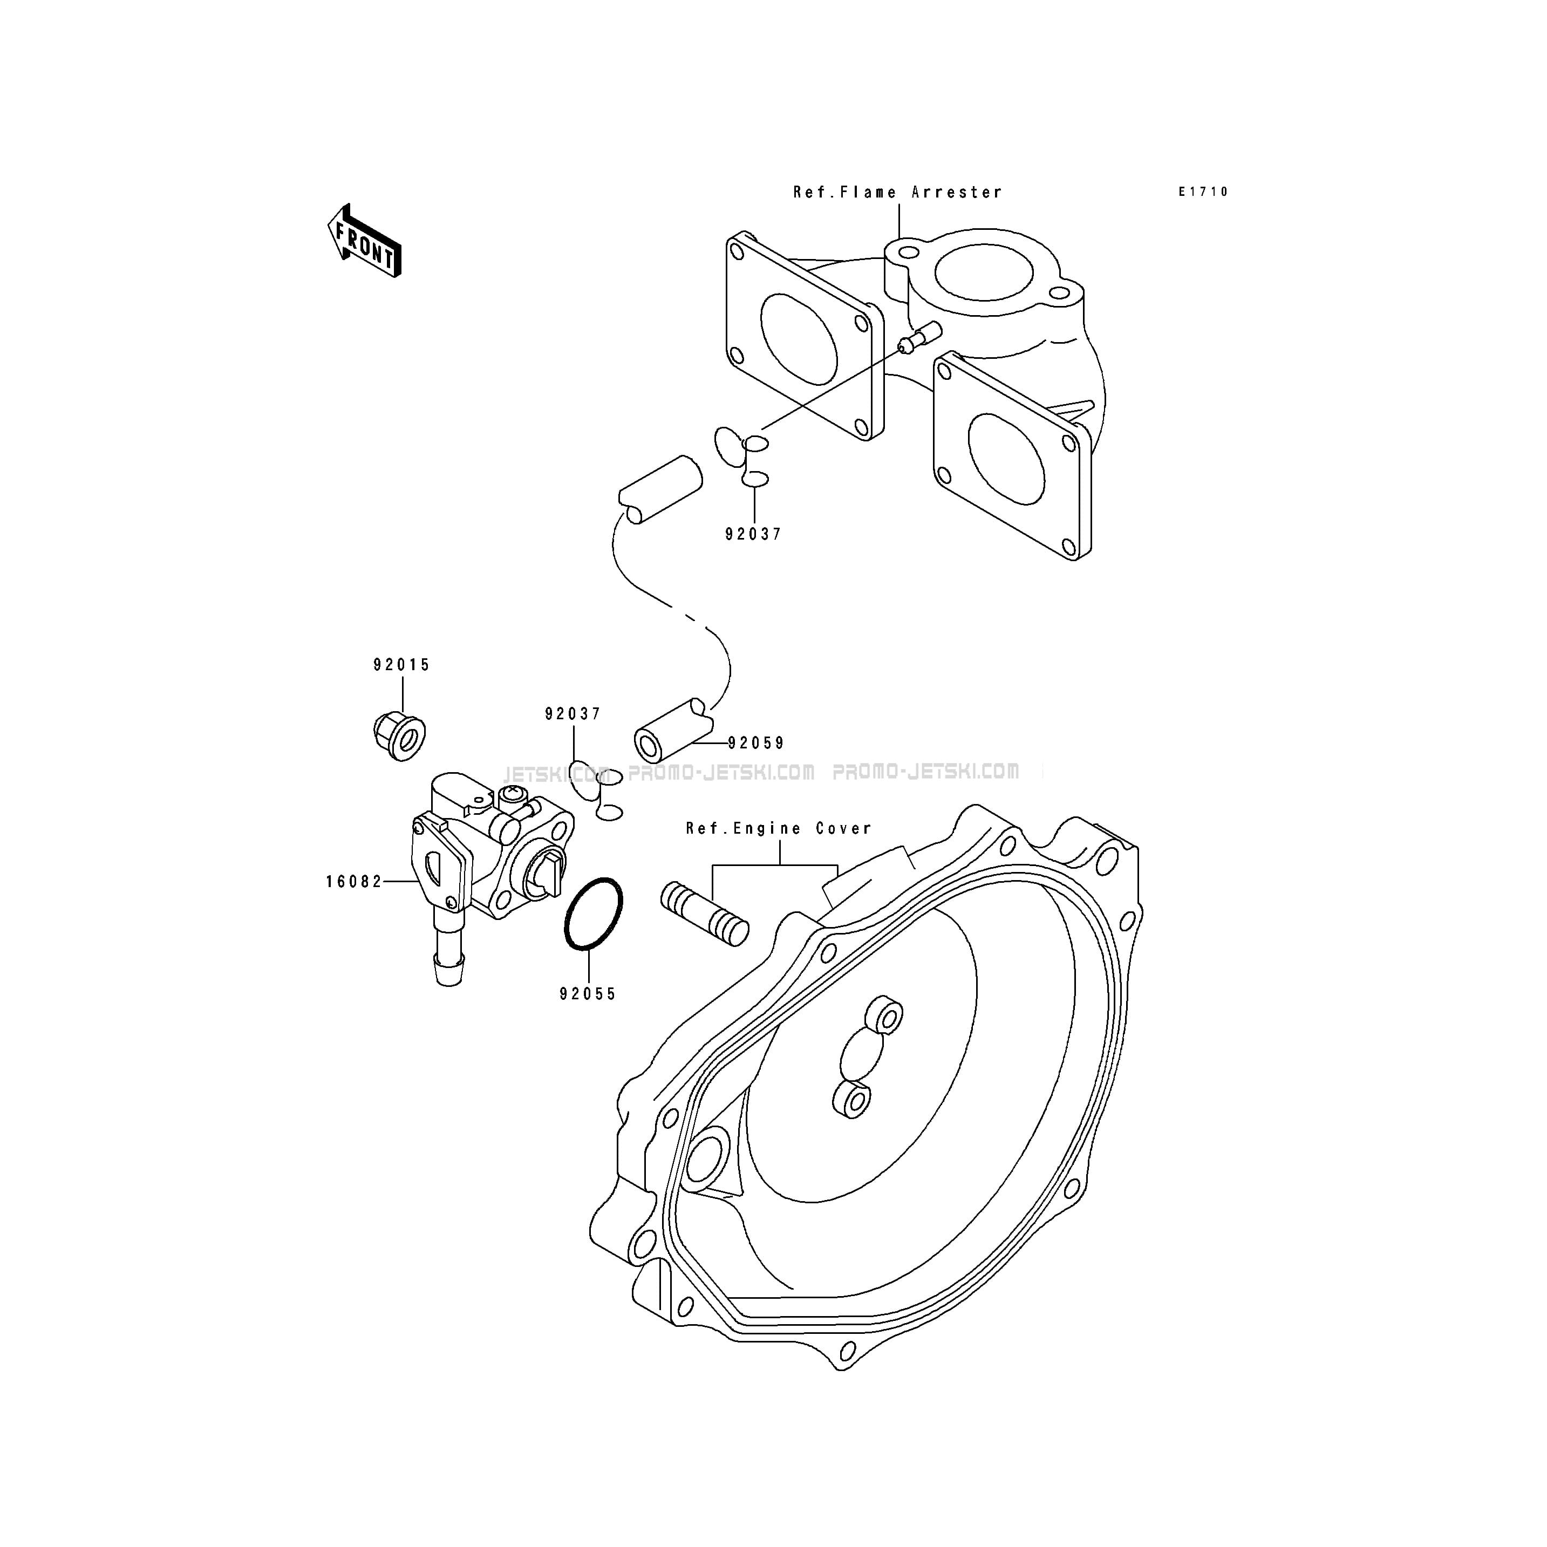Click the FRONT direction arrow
point(364,242)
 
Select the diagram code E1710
point(1203,192)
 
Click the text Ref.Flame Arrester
point(898,192)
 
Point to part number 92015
point(401,665)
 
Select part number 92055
point(588,994)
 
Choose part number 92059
point(756,743)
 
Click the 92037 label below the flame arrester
point(753,534)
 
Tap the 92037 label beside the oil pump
point(573,713)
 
